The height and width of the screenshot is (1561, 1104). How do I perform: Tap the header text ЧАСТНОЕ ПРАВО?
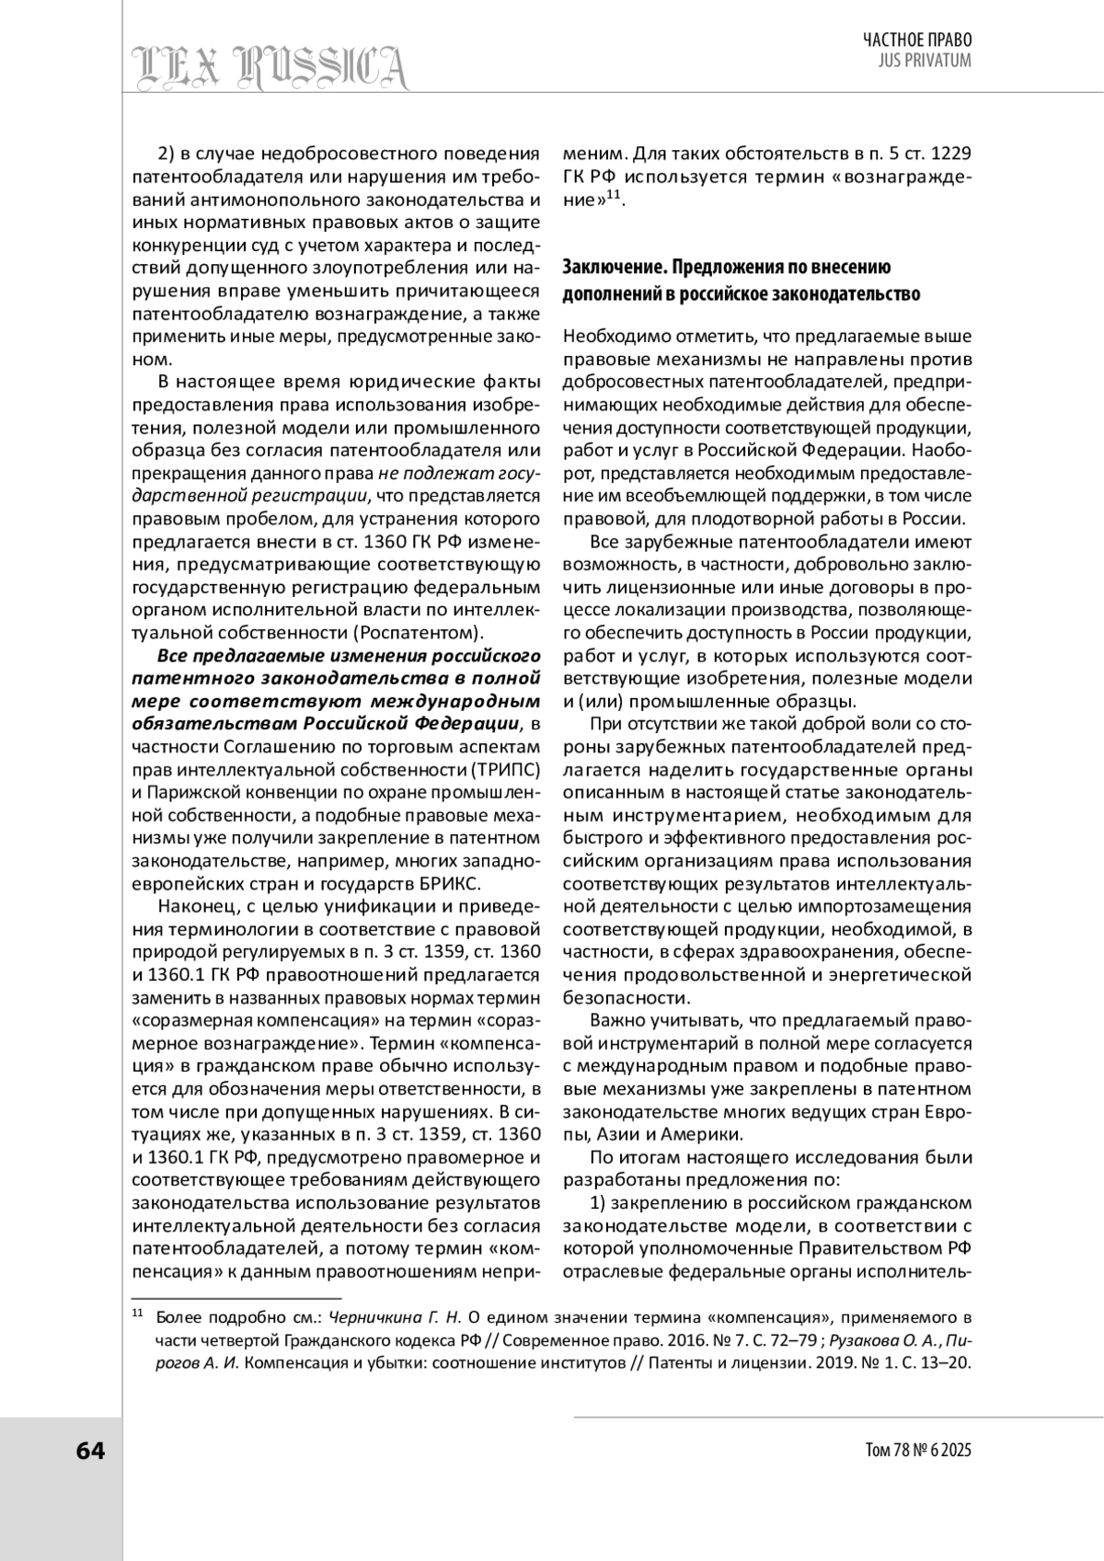point(917,40)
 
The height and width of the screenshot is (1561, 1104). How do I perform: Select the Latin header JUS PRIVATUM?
point(926,61)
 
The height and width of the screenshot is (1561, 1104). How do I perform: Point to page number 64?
point(90,1451)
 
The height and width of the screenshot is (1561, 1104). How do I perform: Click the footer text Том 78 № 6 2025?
point(918,1452)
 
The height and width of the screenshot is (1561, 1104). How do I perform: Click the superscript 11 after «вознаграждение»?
point(614,193)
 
